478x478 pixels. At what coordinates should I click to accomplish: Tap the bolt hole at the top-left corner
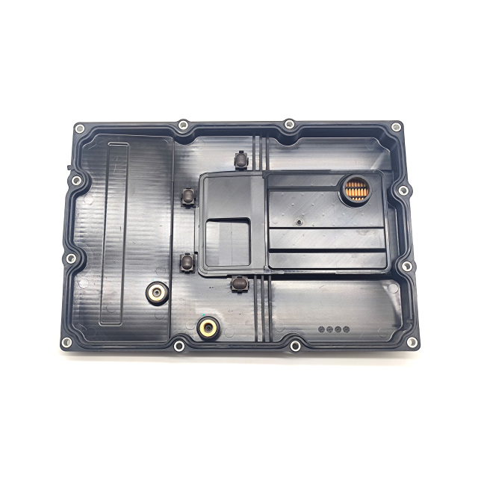[80, 128]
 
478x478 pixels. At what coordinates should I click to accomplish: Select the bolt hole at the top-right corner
[396, 127]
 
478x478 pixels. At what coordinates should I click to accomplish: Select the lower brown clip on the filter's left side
[187, 261]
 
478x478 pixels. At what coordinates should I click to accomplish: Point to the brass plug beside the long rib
[156, 293]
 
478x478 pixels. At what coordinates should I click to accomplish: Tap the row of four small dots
[333, 329]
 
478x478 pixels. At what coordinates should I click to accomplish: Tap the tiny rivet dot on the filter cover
[297, 221]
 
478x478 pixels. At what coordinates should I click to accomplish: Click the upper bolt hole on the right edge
[403, 190]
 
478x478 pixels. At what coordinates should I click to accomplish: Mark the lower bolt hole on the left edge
[71, 258]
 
